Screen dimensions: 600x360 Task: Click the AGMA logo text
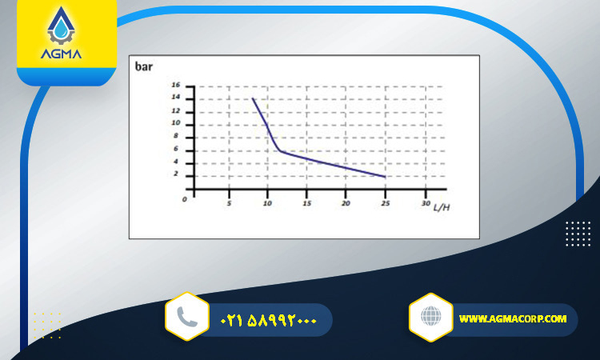[x=62, y=54]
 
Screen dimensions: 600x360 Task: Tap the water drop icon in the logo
[x=61, y=30]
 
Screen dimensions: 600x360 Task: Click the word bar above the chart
[x=144, y=66]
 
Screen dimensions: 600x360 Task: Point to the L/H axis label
[x=442, y=207]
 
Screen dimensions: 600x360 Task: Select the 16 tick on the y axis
[x=176, y=85]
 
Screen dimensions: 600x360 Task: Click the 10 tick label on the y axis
[x=176, y=123]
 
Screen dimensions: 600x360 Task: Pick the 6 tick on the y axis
[x=176, y=149]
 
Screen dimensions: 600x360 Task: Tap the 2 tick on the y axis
[x=176, y=174]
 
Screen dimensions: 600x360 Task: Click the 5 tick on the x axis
[x=229, y=203]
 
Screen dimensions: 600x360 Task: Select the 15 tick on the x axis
[x=307, y=203]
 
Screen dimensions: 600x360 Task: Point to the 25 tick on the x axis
[x=386, y=203]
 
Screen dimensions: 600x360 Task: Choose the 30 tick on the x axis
[x=426, y=203]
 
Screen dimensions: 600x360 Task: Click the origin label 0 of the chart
[x=185, y=199]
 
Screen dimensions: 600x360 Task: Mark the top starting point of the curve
[x=253, y=98]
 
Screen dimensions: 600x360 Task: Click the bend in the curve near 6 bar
[x=281, y=150]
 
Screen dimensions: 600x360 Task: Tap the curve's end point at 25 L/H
[x=385, y=177]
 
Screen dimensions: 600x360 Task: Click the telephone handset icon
[x=187, y=317]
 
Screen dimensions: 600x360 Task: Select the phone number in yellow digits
[x=269, y=320]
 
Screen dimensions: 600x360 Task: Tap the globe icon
[x=431, y=316]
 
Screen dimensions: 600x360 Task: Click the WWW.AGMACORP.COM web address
[x=513, y=318]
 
